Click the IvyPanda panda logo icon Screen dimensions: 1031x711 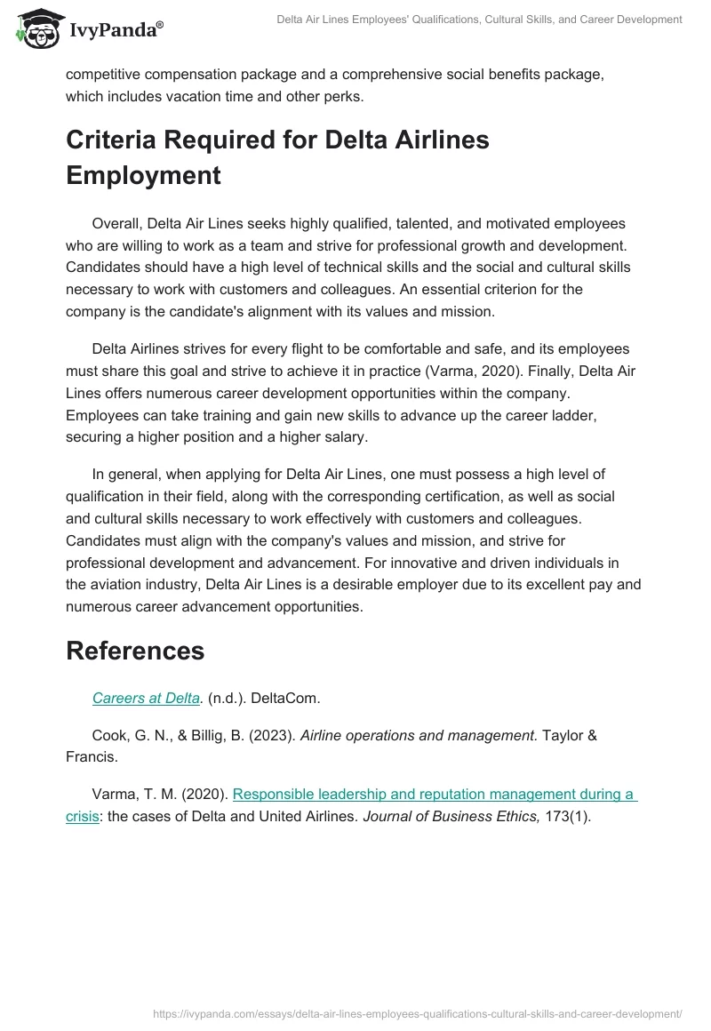[x=36, y=30]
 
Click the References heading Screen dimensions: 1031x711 [x=135, y=650]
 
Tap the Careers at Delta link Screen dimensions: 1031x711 [x=146, y=698]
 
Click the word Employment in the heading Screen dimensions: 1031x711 [x=143, y=175]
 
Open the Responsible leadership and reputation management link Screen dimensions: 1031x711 [x=434, y=794]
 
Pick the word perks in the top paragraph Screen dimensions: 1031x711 [x=344, y=97]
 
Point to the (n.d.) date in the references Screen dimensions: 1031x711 [x=228, y=698]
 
